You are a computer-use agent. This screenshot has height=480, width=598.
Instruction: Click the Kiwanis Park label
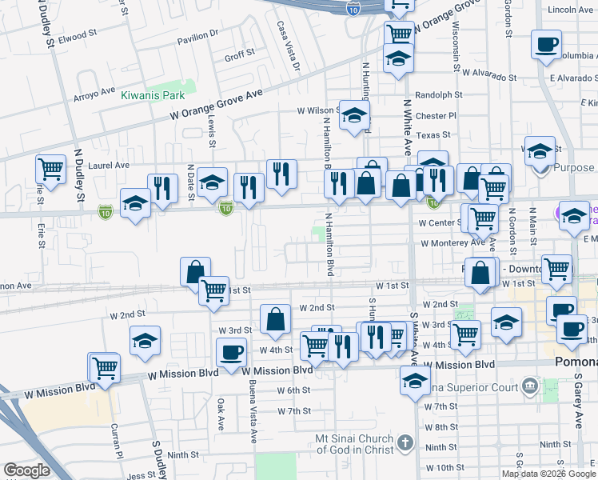point(153,95)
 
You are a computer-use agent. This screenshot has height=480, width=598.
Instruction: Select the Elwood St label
point(77,37)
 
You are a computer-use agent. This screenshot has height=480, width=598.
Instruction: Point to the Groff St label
point(239,54)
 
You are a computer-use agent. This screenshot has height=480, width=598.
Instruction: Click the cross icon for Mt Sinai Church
point(405,442)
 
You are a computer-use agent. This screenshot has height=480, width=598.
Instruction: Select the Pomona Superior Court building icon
point(528,388)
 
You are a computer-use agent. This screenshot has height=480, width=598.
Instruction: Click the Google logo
point(27,470)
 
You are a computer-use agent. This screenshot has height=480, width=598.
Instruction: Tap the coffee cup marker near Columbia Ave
point(547,44)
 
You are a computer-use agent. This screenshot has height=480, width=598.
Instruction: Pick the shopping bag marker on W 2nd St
point(275,318)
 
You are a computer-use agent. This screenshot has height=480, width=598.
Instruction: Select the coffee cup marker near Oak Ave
point(232,352)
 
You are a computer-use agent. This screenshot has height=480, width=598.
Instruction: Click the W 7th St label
point(293,410)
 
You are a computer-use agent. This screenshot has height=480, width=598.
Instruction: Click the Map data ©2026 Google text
point(548,474)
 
